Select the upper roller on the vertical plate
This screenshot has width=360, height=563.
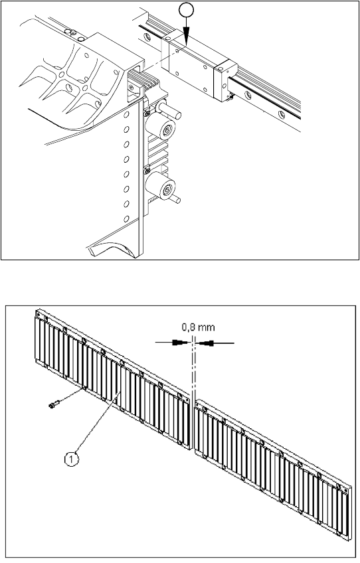point(160,129)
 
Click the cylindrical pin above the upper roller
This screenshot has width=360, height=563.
point(169,109)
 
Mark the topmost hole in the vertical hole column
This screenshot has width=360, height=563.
point(126,115)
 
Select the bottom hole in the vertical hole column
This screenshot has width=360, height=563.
point(126,218)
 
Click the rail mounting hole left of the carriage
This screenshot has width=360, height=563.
point(147,37)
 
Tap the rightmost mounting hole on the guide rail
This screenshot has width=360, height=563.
point(282,115)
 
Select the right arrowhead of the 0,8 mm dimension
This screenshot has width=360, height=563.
point(205,343)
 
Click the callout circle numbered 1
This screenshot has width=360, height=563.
point(72,459)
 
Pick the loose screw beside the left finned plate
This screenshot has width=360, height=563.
point(53,405)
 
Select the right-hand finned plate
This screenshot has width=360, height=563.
point(273,469)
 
